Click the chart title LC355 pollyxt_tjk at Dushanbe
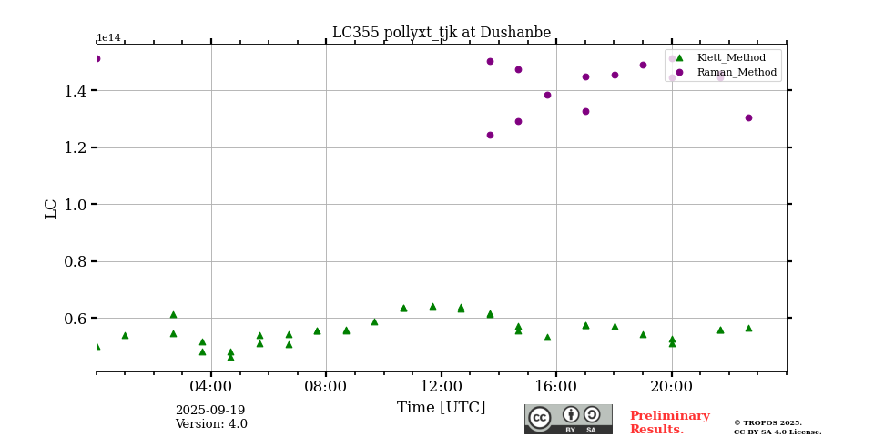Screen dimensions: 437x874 [442, 33]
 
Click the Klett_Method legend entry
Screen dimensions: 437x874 [730, 57]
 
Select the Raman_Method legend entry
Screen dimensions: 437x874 [736, 72]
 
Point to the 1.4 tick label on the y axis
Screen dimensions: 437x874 [75, 90]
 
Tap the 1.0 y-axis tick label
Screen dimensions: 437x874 [75, 205]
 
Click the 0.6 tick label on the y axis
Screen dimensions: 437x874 [75, 319]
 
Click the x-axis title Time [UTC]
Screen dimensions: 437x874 [442, 408]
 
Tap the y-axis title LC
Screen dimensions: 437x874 [51, 208]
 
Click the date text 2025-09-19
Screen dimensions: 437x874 [210, 411]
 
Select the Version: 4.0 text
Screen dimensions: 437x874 [211, 424]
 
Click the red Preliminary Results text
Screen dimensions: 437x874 [669, 422]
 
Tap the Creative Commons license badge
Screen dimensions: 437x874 [568, 419]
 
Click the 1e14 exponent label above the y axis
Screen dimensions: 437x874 [108, 38]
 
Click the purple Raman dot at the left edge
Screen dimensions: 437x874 [97, 58]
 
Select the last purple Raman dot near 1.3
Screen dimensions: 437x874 [748, 117]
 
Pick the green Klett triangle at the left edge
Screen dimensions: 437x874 [97, 346]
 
